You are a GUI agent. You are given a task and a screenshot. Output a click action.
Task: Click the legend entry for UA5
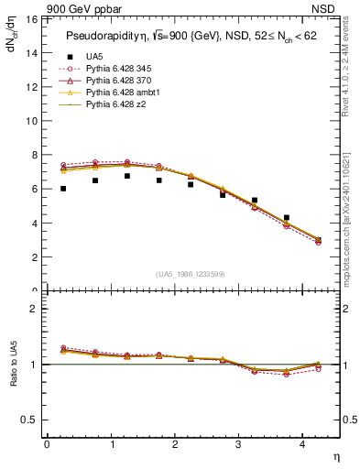[x=92, y=57]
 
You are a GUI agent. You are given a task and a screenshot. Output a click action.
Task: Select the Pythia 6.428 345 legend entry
[x=116, y=69]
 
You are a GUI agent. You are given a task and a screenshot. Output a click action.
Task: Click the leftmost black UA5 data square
[x=63, y=189]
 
